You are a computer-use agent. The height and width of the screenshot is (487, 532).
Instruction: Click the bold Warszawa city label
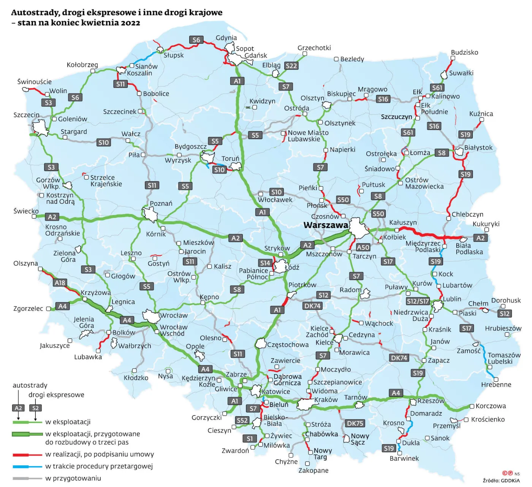coord(326,225)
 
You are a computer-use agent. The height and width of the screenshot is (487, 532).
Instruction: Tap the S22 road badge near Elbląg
coord(291,66)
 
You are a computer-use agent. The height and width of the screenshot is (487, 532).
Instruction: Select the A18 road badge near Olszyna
coord(60,282)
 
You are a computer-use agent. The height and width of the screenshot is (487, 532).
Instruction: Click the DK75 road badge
coord(355,423)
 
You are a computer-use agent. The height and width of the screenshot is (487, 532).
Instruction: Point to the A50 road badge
coord(363,247)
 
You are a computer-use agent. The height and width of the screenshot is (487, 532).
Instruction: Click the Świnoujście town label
coord(34,82)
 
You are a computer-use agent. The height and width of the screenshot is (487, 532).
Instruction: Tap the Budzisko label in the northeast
coord(464,52)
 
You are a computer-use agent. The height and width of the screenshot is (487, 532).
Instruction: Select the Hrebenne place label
coord(496,384)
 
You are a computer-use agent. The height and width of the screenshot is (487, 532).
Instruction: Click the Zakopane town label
coord(313,470)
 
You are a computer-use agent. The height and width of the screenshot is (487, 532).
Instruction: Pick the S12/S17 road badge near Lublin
coord(418,301)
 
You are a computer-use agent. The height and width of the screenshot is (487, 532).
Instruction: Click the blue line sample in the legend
coord(27,466)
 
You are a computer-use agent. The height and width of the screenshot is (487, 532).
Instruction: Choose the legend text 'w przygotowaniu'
coord(73,478)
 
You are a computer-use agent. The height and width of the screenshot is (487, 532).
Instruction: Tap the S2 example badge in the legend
coord(35,408)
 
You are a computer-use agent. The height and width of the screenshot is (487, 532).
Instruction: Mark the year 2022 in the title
coord(130,23)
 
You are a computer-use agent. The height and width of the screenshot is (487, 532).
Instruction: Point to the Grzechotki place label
coord(314,48)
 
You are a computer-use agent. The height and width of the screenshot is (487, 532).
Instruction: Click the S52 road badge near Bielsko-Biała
coord(242,420)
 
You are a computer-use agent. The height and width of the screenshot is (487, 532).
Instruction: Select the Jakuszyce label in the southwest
coord(55,346)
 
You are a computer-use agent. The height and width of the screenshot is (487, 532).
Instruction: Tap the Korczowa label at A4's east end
coord(491,406)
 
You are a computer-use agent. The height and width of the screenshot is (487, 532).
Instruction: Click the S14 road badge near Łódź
coord(265,263)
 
